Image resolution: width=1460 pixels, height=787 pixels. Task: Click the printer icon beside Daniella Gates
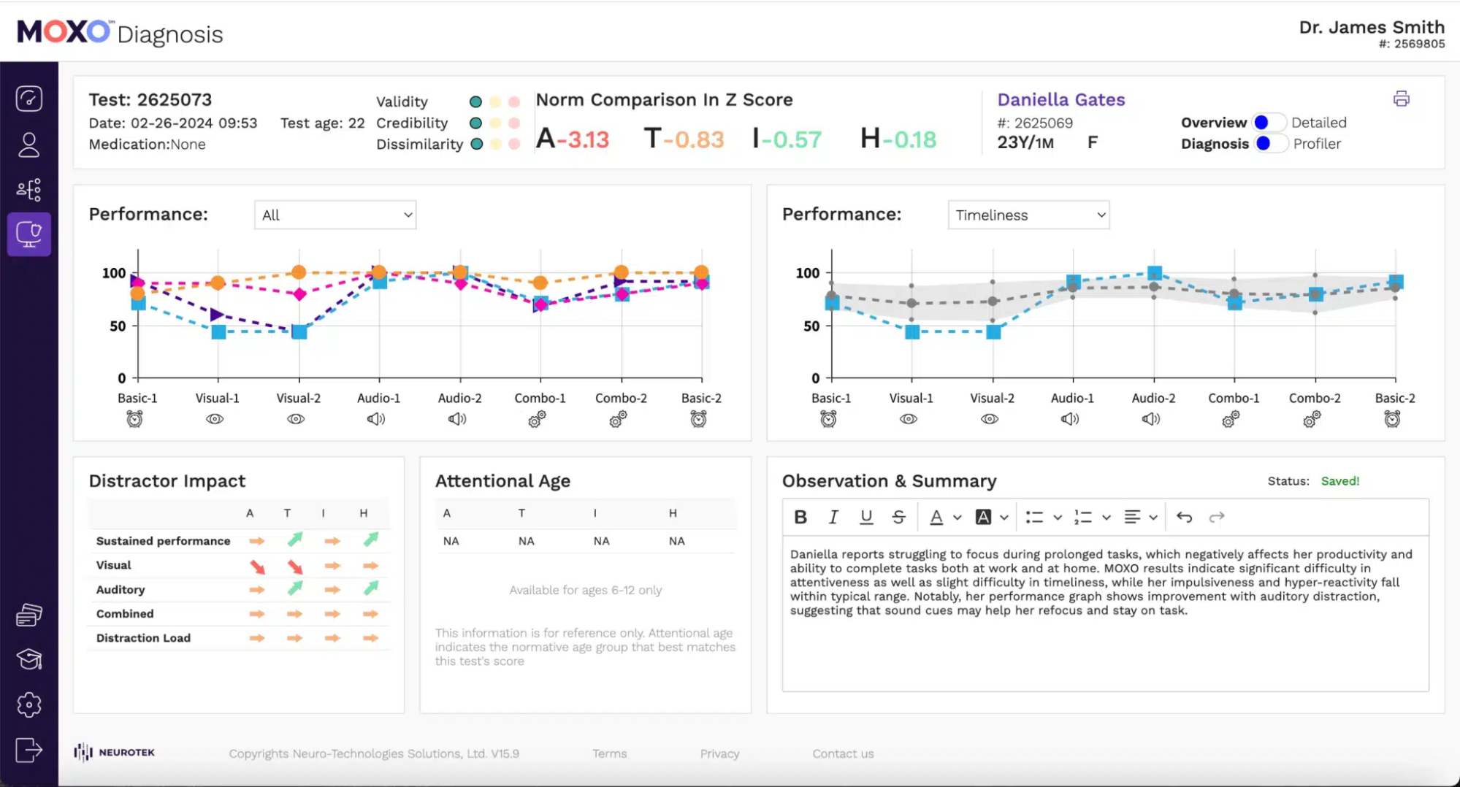(x=1400, y=99)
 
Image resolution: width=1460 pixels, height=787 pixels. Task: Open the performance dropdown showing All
(x=335, y=215)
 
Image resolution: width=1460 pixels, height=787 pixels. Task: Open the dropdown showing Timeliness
(x=1028, y=215)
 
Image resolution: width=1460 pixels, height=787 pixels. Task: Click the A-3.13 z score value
(x=572, y=139)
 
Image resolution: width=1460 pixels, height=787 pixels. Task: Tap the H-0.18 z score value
(x=898, y=139)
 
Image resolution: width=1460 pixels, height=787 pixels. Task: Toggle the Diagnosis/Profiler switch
(x=1269, y=144)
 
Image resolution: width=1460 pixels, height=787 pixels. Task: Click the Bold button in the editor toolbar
(x=800, y=518)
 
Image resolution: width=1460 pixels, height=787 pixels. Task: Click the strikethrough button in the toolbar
(x=898, y=518)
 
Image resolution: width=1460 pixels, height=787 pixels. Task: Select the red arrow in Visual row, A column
(x=257, y=567)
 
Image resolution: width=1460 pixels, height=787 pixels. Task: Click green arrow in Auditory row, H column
(x=371, y=588)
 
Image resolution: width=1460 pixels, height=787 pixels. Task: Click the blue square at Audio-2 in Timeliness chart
(x=1154, y=274)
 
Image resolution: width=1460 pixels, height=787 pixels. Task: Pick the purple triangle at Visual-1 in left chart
(x=217, y=315)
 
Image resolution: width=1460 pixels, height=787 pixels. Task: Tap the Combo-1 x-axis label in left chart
(x=540, y=399)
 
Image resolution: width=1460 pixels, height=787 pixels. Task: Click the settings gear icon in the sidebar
(x=29, y=705)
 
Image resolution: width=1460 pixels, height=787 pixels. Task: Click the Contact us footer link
(x=843, y=754)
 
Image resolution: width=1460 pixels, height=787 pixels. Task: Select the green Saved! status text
(x=1339, y=481)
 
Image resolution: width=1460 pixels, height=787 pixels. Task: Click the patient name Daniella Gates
(x=1060, y=100)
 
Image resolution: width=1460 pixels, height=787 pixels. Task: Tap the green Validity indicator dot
(x=475, y=102)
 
